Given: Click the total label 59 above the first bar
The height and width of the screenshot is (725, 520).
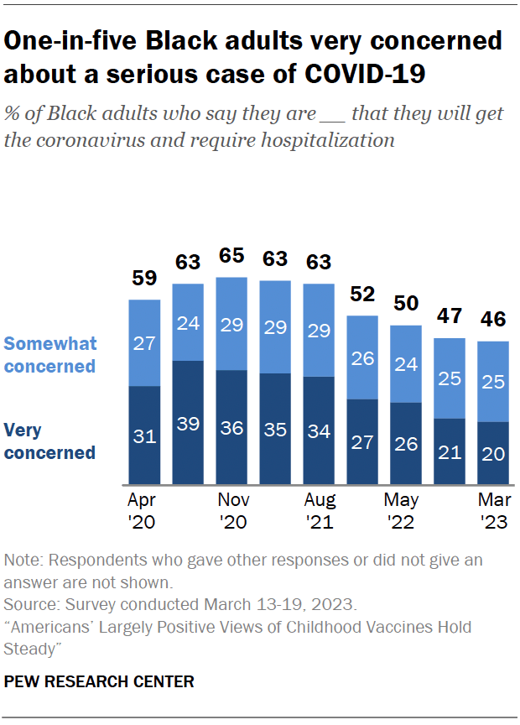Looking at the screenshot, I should coord(144,279).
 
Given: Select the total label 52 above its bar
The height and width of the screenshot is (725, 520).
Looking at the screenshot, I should coord(362,295).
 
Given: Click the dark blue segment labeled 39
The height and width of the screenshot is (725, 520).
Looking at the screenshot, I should coord(188,423).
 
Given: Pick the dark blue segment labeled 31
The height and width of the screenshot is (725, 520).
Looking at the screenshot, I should coord(144,436).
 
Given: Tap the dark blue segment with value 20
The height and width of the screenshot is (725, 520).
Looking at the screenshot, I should coord(493,453).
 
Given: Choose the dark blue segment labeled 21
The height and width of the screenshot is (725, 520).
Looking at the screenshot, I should coord(450,451).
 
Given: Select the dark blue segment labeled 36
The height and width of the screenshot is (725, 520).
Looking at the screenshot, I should coord(231,427).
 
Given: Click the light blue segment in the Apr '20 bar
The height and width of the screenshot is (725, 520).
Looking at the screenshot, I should coord(144,342).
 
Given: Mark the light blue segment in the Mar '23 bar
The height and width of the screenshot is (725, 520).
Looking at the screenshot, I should coord(493,381).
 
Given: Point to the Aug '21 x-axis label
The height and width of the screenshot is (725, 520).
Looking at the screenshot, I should coord(319,511).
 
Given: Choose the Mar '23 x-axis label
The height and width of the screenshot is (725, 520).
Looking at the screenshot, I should coord(493,511).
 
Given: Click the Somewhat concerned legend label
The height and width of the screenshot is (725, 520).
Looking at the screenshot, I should coord(50,354).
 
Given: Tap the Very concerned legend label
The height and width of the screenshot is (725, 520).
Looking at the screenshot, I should coord(49,441).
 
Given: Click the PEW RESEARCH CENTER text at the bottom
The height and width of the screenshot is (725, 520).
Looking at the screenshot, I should coord(99,681).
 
